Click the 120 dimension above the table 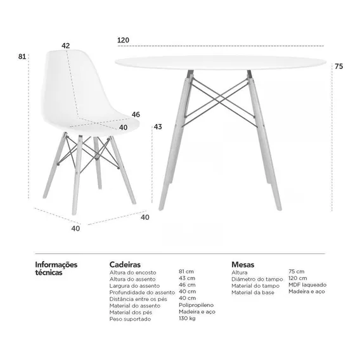click(124, 40)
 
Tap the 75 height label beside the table click(338, 67)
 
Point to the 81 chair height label click(22, 56)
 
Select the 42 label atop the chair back click(65, 46)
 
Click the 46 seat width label click(136, 114)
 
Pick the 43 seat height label click(158, 127)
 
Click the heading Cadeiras click(125, 264)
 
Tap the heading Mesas click(243, 264)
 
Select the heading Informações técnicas click(56, 268)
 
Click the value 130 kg click(187, 318)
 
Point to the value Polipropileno click(196, 305)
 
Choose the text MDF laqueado click(307, 285)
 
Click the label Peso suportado click(130, 319)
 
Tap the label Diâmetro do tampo click(257, 280)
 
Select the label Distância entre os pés click(138, 299)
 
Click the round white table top click(221, 62)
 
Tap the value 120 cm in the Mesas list click(297, 278)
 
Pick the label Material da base click(253, 293)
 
